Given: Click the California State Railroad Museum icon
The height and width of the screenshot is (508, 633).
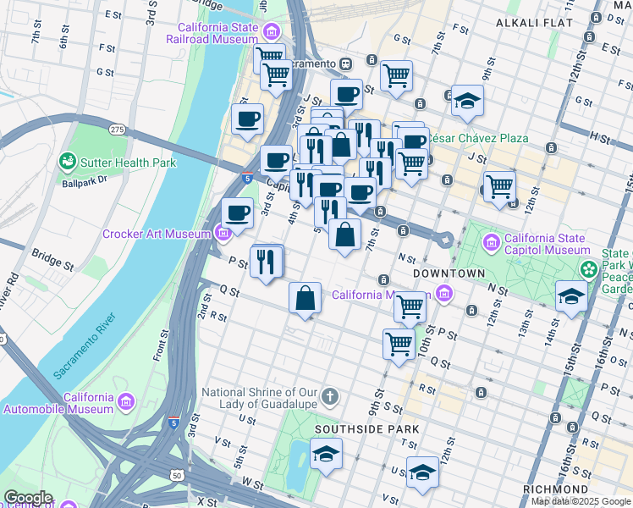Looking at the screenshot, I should click(272, 33).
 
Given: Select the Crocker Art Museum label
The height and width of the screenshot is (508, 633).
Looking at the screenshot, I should click(157, 234).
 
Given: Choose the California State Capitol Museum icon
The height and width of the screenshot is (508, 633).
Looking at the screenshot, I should click(492, 244).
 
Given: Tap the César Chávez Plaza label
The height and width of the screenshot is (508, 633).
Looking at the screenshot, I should click(478, 138).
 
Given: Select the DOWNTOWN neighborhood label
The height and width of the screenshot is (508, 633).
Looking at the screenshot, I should click(449, 273).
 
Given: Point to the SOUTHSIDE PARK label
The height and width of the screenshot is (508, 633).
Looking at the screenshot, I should click(367, 429).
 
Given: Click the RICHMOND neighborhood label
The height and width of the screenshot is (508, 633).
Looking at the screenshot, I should click(555, 489).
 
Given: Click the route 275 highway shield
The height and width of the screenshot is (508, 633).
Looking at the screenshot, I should click(118, 129).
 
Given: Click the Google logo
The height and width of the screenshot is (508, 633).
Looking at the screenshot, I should click(27, 498).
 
